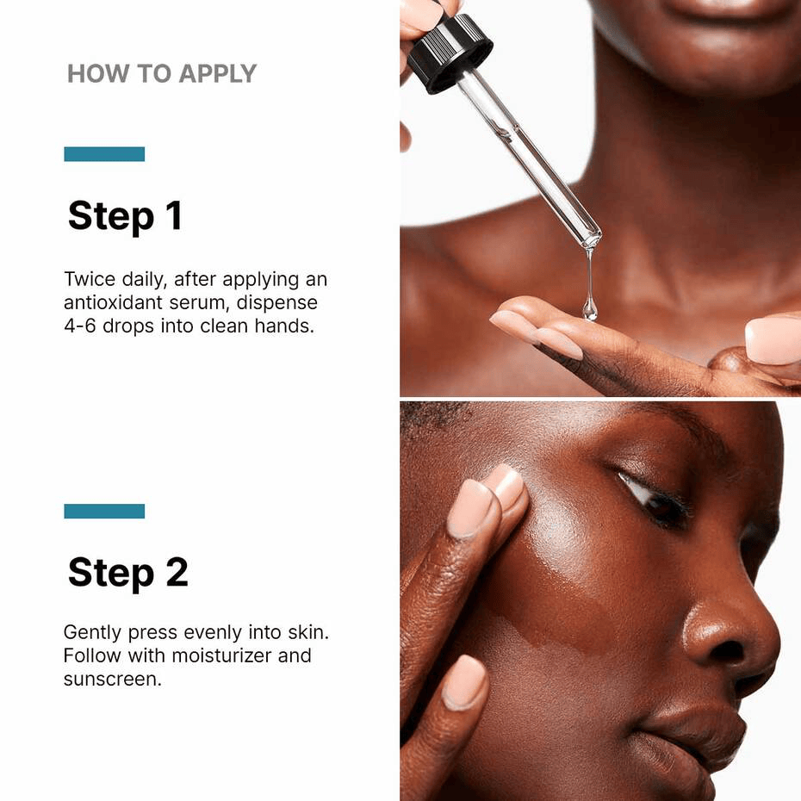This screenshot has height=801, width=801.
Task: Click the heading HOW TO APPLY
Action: (162, 74)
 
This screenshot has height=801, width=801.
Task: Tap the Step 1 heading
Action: (125, 215)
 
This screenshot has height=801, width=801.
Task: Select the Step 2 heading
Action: (127, 572)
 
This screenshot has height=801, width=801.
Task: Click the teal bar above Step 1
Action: (104, 154)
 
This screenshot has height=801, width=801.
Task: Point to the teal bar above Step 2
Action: (104, 511)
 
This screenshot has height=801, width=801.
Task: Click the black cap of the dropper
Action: (449, 52)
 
